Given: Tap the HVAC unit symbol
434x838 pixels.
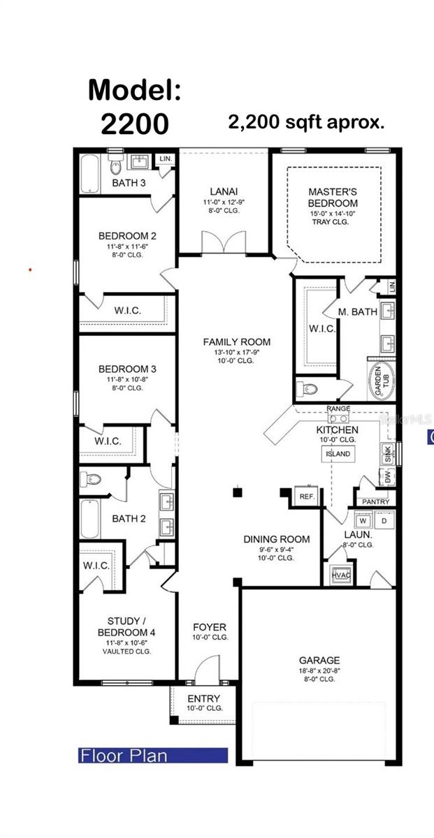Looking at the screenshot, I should [341, 574].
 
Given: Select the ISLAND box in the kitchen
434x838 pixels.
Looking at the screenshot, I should [337, 454].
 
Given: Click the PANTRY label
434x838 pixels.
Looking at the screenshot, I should [375, 502].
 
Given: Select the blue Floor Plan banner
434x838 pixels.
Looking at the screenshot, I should [152, 755].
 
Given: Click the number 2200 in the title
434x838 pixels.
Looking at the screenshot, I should [134, 124].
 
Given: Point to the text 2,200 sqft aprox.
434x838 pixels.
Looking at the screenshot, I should [306, 123].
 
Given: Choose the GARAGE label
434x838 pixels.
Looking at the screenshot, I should [319, 660].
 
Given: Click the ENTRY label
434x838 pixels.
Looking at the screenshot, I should [204, 698].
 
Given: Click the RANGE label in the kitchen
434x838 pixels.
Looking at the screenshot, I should [339, 409].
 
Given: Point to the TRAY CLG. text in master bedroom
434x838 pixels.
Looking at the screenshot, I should [333, 222].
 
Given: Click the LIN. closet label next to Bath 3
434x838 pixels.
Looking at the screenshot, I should [166, 159].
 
